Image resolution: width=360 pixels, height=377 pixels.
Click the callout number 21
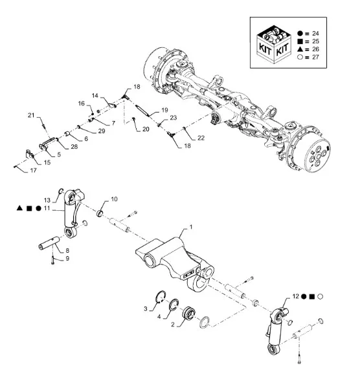31,115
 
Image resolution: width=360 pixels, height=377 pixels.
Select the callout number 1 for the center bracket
191,227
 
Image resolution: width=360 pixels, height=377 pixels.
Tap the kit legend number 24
315,34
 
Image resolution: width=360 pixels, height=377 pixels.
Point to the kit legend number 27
315,57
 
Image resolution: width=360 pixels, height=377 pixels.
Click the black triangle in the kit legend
300,49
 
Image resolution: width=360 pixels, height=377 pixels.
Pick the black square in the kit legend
300,41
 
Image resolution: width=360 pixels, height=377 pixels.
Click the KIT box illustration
274,45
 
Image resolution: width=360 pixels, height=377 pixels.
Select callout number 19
164,110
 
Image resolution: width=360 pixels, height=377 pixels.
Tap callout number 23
174,118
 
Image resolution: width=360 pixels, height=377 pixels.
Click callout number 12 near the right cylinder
295,296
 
